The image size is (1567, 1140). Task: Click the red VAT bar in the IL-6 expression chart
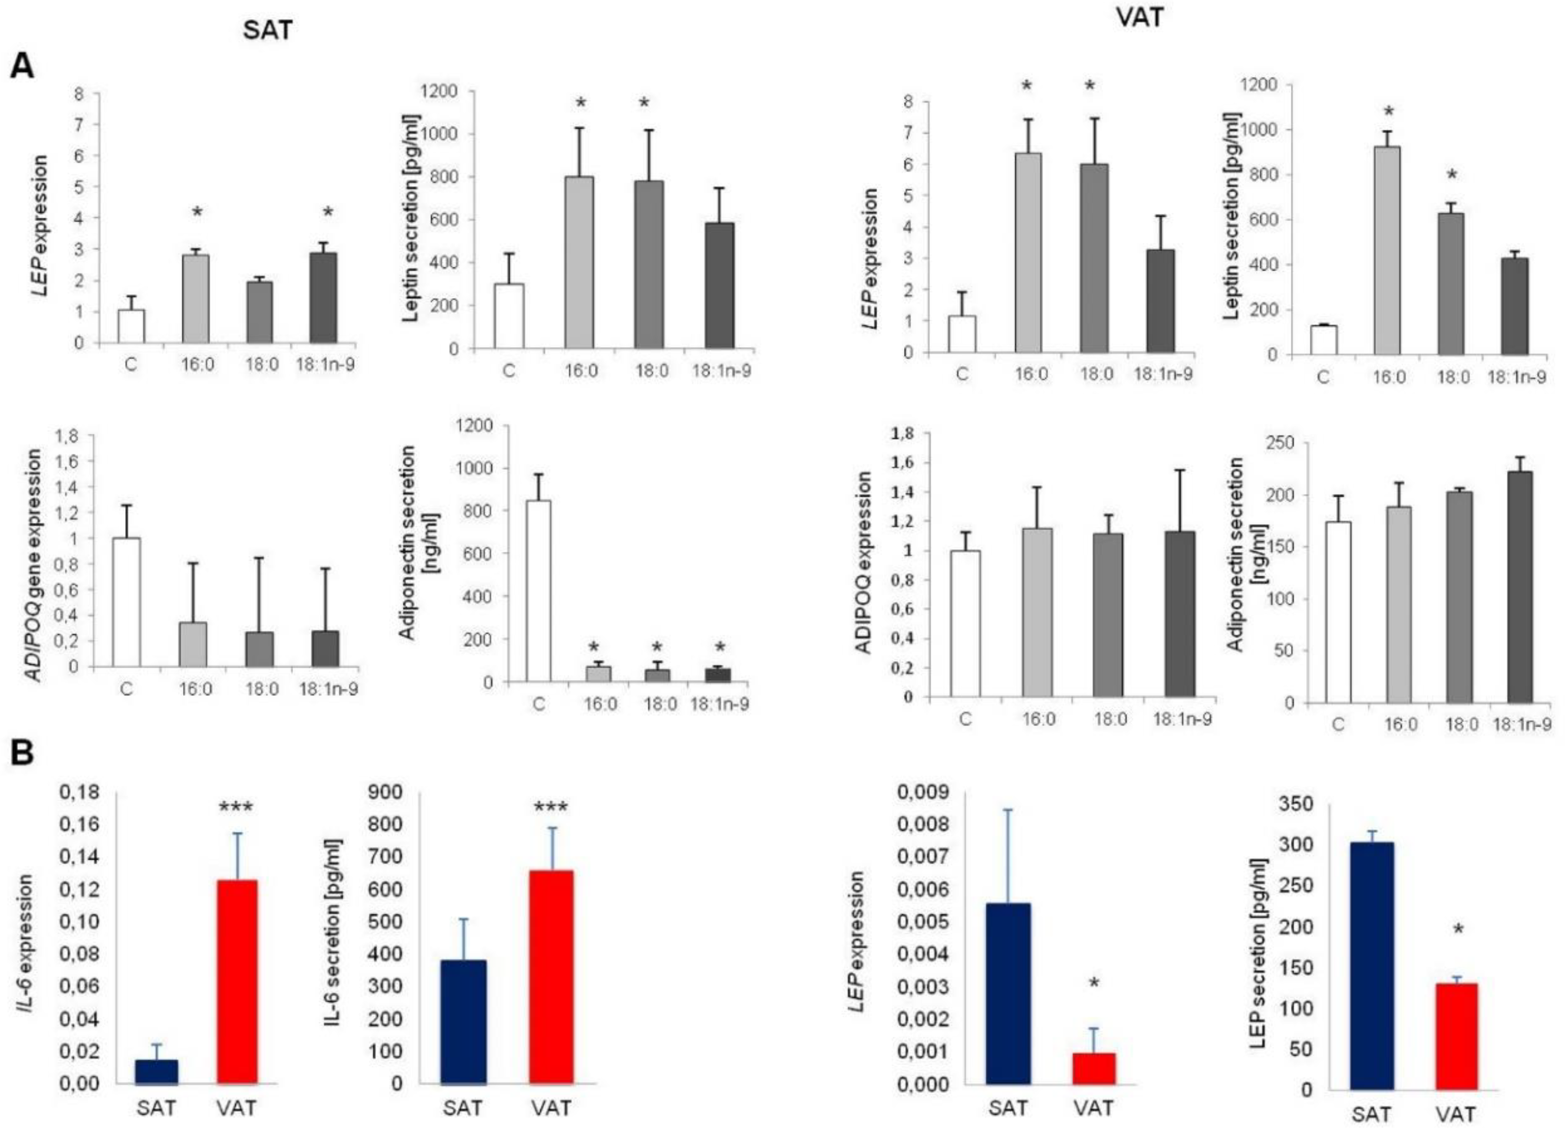(x=237, y=981)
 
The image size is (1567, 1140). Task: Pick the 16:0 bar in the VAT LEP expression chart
(x=1028, y=252)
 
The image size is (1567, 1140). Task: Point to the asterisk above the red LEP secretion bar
(x=1458, y=929)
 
